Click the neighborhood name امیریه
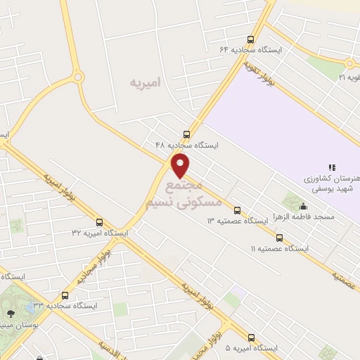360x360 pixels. coord(145,82)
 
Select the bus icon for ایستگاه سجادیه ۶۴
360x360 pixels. coord(251,39)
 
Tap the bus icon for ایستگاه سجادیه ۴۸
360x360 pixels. coord(186,134)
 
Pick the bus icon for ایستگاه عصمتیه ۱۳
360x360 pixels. coord(237,210)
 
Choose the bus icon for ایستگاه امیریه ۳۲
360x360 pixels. coord(99,222)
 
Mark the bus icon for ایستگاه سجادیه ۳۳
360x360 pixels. coord(65,295)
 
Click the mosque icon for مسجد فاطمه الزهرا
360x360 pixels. coord(303,206)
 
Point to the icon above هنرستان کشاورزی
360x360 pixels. coord(332,167)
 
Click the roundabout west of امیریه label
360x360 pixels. coord(77,77)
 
